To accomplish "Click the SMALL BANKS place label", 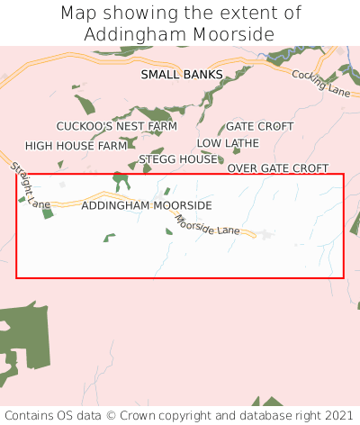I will point(181,75).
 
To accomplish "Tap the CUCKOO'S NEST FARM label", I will point(117,126).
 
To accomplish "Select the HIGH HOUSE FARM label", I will point(76,145).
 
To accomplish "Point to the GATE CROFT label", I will point(259,126).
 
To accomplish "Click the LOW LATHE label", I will point(228,143).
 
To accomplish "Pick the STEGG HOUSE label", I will point(178,159).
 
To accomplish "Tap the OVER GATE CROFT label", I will point(277,168).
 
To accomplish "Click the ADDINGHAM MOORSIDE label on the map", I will point(146,205).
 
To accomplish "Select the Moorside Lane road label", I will point(208,225).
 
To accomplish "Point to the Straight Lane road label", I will point(31,185).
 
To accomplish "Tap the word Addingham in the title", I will point(130,34).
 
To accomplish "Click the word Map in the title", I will point(79,14).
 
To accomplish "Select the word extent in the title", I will point(254,14).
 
